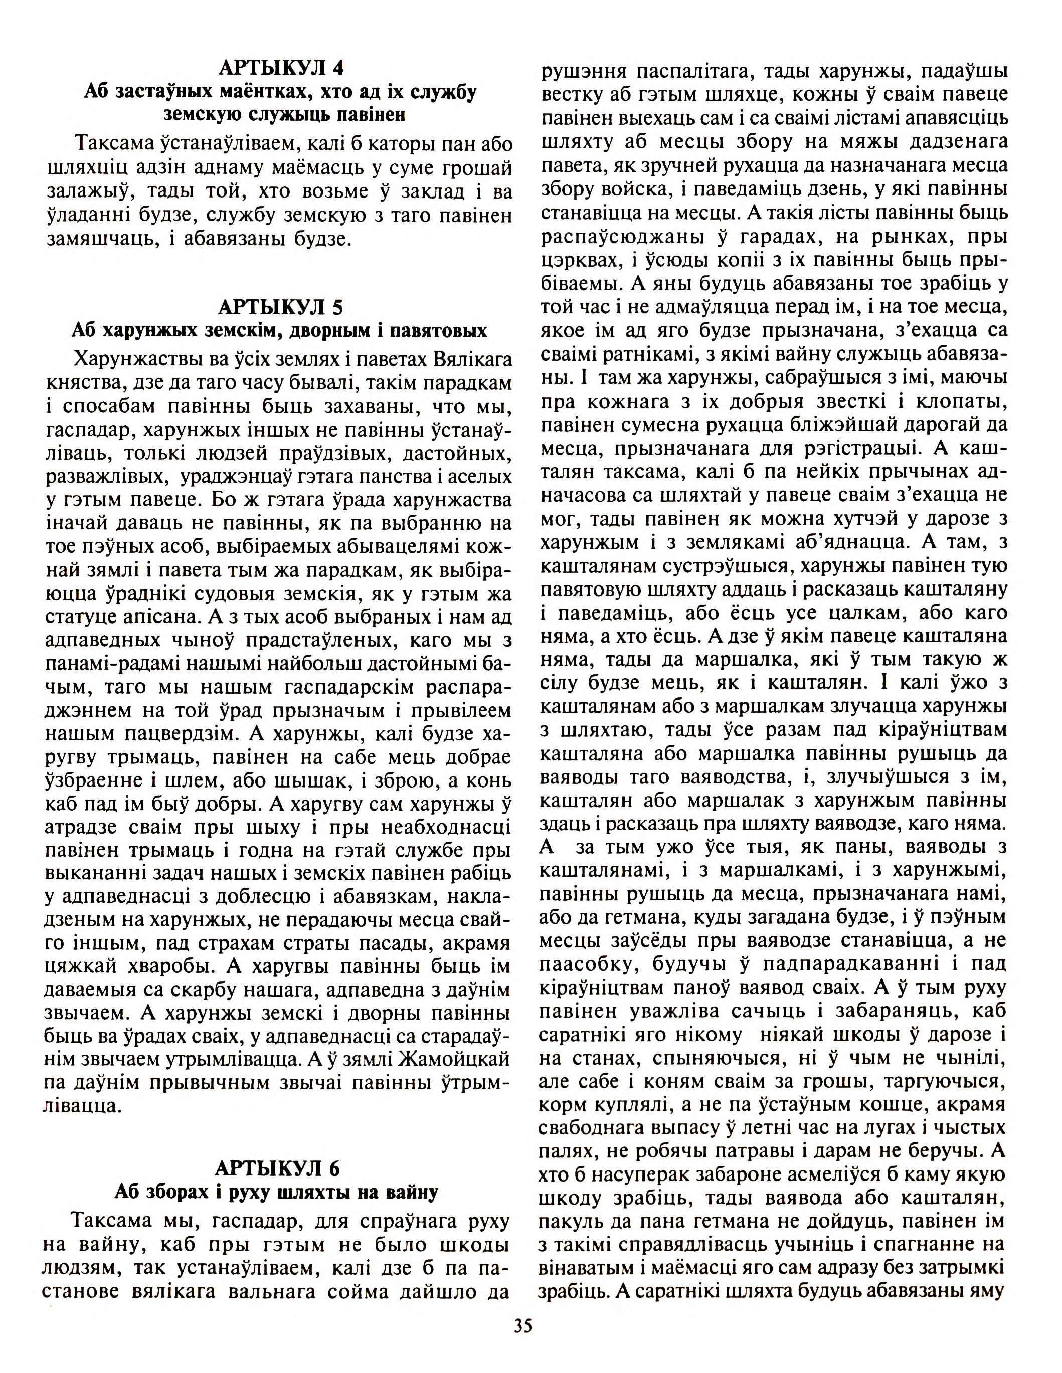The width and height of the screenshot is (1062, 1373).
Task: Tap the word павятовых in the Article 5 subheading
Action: point(438,331)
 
